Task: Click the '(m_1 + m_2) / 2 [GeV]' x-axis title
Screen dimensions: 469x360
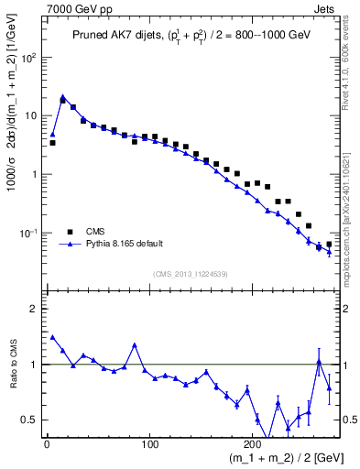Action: click(276, 457)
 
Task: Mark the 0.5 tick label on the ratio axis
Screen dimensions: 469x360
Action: click(29, 420)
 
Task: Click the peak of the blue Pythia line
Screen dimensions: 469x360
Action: click(62, 96)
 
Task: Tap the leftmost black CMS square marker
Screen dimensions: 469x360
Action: click(52, 143)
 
